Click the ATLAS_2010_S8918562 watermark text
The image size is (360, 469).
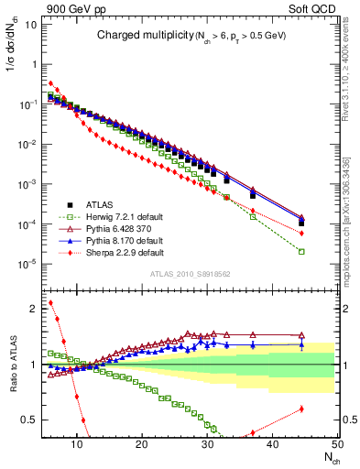click(190, 273)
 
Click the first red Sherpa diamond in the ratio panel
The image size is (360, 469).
click(50, 302)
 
